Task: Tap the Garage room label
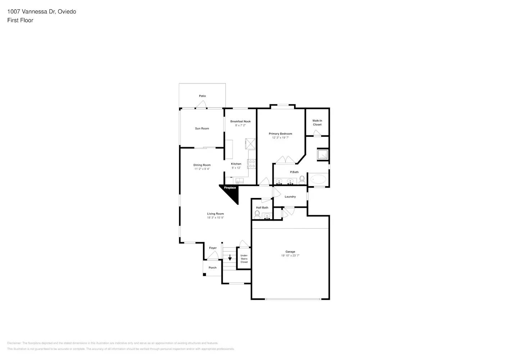click(290, 252)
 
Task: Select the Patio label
click(202, 96)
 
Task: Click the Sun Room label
click(202, 129)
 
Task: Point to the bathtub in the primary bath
click(318, 179)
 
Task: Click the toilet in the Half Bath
click(257, 215)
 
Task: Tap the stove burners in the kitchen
click(252, 164)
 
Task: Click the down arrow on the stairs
click(230, 258)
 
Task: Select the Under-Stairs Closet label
click(244, 259)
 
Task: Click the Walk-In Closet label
click(317, 123)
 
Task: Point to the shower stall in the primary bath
click(322, 154)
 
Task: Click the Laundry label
click(290, 197)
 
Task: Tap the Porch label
click(213, 268)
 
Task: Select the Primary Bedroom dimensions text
click(280, 138)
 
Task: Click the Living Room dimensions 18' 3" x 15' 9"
click(215, 218)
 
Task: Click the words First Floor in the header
click(20, 20)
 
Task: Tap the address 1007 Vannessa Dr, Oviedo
click(42, 12)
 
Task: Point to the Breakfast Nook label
click(240, 122)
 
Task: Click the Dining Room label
click(202, 165)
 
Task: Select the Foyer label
click(213, 248)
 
